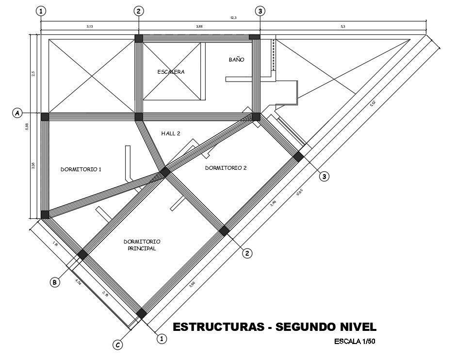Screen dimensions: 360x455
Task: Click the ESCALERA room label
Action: tap(171, 72)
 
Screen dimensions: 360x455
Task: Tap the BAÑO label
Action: tap(236, 60)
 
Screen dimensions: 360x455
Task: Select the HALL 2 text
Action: tap(171, 133)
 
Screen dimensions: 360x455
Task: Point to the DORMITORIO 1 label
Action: tap(81, 169)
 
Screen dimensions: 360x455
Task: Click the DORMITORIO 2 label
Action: tap(226, 168)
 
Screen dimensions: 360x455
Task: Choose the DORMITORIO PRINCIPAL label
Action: tap(142, 245)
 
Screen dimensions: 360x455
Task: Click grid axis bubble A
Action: tap(17, 113)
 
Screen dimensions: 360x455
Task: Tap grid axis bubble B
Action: tap(55, 282)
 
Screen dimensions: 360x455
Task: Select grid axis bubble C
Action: tap(118, 345)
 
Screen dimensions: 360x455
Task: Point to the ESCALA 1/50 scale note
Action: tap(355, 341)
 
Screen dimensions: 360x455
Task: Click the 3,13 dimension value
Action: tap(90, 27)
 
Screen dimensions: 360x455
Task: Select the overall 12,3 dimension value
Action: tap(233, 18)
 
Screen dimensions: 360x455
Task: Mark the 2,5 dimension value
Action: tap(33, 73)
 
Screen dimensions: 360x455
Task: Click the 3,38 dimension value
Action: tap(33, 165)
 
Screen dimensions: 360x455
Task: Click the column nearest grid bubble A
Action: tap(45, 116)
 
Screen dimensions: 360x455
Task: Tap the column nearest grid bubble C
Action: tap(141, 313)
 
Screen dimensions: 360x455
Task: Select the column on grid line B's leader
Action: tap(82, 254)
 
